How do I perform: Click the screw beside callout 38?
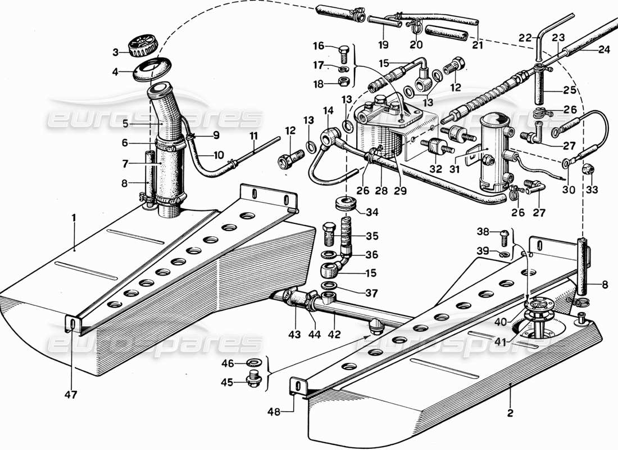(503, 232)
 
